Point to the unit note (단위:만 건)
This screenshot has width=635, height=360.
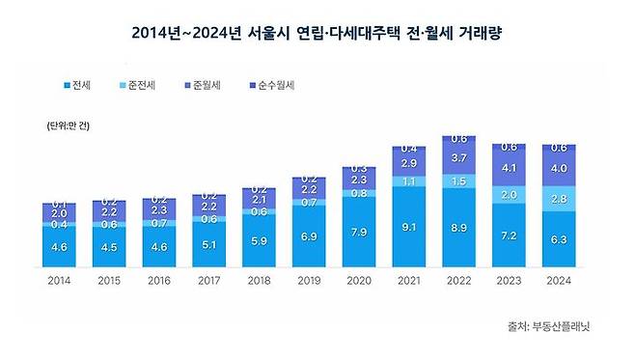point(64,126)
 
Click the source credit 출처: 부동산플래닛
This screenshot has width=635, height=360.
point(547,326)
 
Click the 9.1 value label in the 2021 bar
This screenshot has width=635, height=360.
point(408,228)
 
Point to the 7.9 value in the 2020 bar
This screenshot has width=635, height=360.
point(358,233)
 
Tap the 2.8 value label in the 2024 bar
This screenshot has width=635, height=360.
point(559,199)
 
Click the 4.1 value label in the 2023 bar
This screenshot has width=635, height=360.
point(509,166)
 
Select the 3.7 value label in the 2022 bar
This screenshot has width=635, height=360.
point(458,158)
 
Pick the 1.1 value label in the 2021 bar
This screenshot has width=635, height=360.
point(408,180)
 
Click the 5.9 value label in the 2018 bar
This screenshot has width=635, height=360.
point(259,241)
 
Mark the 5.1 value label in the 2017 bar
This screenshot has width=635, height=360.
point(208,245)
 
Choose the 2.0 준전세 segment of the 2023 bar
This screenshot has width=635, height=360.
point(509,195)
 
